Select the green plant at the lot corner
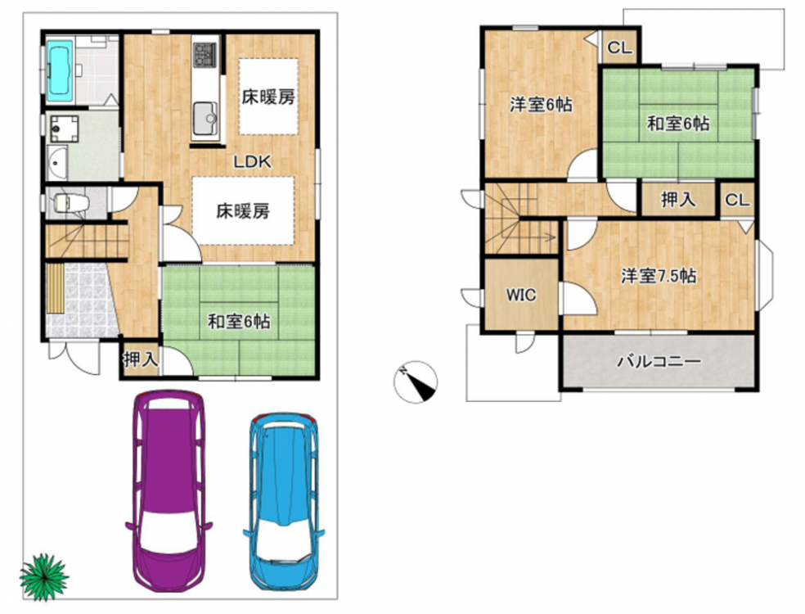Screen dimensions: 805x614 click(x=44, y=577)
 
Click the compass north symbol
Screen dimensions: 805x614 click(x=416, y=382)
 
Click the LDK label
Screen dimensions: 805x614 click(x=252, y=162)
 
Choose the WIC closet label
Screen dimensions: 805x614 click(x=521, y=295)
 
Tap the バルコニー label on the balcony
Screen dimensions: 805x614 click(x=659, y=362)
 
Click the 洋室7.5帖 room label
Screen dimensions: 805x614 click(x=659, y=277)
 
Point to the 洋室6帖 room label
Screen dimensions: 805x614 click(x=541, y=105)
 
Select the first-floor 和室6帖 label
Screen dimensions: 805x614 click(x=239, y=323)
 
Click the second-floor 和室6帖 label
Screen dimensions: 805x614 click(x=678, y=124)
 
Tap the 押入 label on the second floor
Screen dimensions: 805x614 click(x=678, y=200)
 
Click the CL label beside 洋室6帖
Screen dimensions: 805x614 click(x=619, y=47)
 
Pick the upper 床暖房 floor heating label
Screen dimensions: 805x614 click(x=268, y=97)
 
